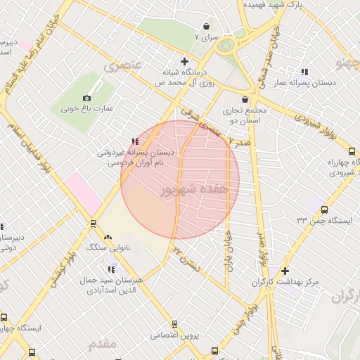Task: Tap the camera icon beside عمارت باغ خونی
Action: click(86, 98)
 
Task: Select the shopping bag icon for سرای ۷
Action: click(205, 24)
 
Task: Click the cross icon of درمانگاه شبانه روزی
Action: click(184, 60)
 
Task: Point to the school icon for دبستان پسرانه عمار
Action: click(304, 72)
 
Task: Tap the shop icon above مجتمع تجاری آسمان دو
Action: click(245, 99)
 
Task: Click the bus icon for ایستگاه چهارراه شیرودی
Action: click(352, 150)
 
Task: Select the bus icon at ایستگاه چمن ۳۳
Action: click(324, 209)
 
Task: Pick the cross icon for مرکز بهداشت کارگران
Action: click(284, 271)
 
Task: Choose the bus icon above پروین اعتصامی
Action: click(174, 324)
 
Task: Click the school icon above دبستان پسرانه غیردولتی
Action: click(135, 141)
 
